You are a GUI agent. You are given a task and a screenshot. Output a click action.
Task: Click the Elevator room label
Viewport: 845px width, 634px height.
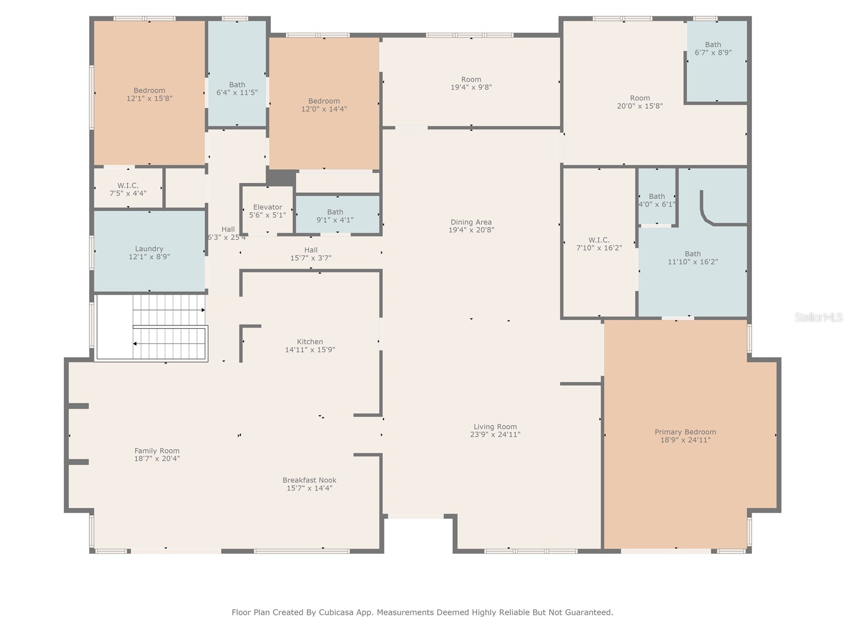pyautogui.click(x=267, y=207)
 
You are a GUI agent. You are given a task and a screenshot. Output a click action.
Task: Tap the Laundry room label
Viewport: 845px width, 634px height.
pyautogui.click(x=149, y=249)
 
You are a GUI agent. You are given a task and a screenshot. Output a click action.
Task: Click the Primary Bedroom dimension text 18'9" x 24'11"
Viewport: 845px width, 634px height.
pyautogui.click(x=685, y=440)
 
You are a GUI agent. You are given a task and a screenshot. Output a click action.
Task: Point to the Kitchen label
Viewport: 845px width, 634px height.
pyautogui.click(x=310, y=342)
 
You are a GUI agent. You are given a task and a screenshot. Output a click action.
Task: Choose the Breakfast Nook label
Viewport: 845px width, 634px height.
pyautogui.click(x=309, y=480)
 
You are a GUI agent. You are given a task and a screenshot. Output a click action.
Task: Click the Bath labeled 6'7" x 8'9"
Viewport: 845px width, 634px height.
pyautogui.click(x=713, y=49)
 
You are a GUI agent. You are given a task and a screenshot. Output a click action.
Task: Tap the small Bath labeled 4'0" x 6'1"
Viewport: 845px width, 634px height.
pyautogui.click(x=657, y=200)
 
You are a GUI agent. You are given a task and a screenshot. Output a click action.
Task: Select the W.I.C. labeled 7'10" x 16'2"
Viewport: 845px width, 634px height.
pyautogui.click(x=599, y=244)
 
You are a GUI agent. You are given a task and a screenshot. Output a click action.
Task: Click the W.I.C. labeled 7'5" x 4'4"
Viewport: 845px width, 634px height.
pyautogui.click(x=128, y=189)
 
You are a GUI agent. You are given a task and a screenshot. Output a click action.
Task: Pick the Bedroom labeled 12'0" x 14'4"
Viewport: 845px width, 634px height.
pyautogui.click(x=324, y=105)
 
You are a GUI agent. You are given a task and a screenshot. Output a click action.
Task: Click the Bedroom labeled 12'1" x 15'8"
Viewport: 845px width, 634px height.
pyautogui.click(x=149, y=94)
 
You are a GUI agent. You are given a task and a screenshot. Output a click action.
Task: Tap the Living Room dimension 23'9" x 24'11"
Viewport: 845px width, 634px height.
pyautogui.click(x=495, y=435)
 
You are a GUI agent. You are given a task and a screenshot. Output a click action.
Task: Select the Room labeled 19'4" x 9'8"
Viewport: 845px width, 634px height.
pyautogui.click(x=471, y=83)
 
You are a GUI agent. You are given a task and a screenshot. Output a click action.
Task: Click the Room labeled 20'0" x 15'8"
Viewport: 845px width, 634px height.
pyautogui.click(x=640, y=102)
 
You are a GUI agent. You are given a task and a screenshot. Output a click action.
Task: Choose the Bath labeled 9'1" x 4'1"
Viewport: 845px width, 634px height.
pyautogui.click(x=335, y=216)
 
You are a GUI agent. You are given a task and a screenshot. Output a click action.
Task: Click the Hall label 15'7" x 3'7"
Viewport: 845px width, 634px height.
pyautogui.click(x=311, y=254)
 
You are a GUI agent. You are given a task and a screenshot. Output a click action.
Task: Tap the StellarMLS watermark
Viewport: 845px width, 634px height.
pyautogui.click(x=818, y=318)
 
